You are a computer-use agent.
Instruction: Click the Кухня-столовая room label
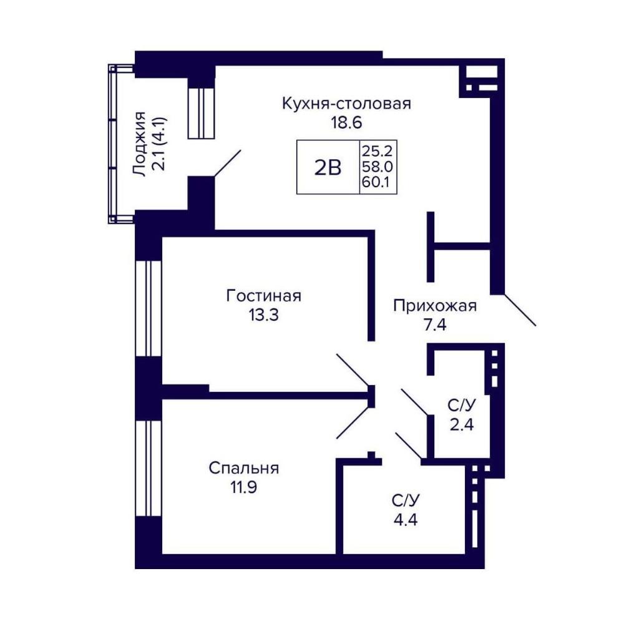(346, 104)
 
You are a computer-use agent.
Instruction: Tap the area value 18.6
(346, 122)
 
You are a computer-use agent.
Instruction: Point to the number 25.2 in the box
(378, 151)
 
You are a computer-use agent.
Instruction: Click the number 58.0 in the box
(378, 167)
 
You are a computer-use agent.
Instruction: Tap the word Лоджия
(139, 144)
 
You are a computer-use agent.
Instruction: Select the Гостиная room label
(263, 296)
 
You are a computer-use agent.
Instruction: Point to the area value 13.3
(263, 315)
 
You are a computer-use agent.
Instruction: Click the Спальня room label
(244, 468)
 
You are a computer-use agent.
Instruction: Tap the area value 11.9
(243, 487)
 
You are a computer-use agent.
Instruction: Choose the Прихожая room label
(435, 306)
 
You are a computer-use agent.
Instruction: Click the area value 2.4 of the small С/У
(462, 425)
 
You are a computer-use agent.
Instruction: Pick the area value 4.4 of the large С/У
(406, 520)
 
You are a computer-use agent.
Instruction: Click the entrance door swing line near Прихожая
(520, 310)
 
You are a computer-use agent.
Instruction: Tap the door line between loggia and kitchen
(228, 163)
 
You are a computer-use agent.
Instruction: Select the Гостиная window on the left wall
(148, 309)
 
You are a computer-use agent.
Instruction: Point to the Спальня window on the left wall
(148, 469)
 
